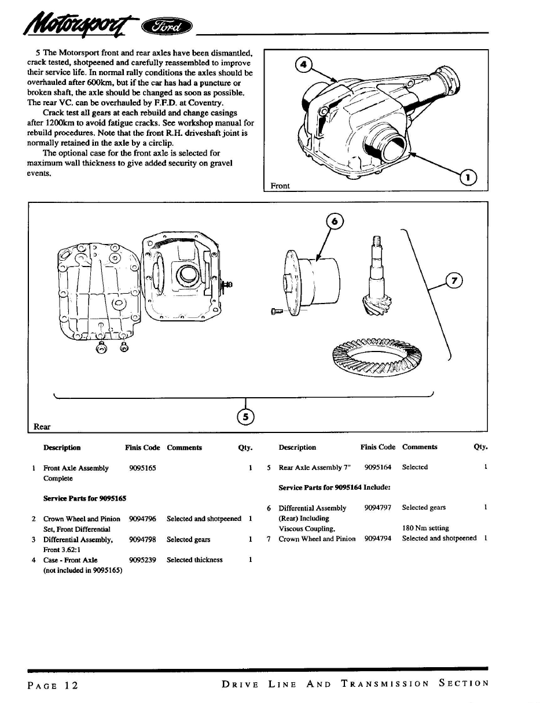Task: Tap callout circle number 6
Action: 335,221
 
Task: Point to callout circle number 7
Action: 455,281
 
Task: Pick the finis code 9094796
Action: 142,519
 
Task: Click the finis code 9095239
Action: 142,560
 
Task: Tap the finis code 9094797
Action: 378,508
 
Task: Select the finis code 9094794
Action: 378,538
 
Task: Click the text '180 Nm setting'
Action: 425,528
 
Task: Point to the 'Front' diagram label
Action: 280,186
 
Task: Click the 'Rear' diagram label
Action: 42,427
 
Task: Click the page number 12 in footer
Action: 71,685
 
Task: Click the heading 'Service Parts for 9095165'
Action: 85,498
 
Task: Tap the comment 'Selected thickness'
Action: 194,560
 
